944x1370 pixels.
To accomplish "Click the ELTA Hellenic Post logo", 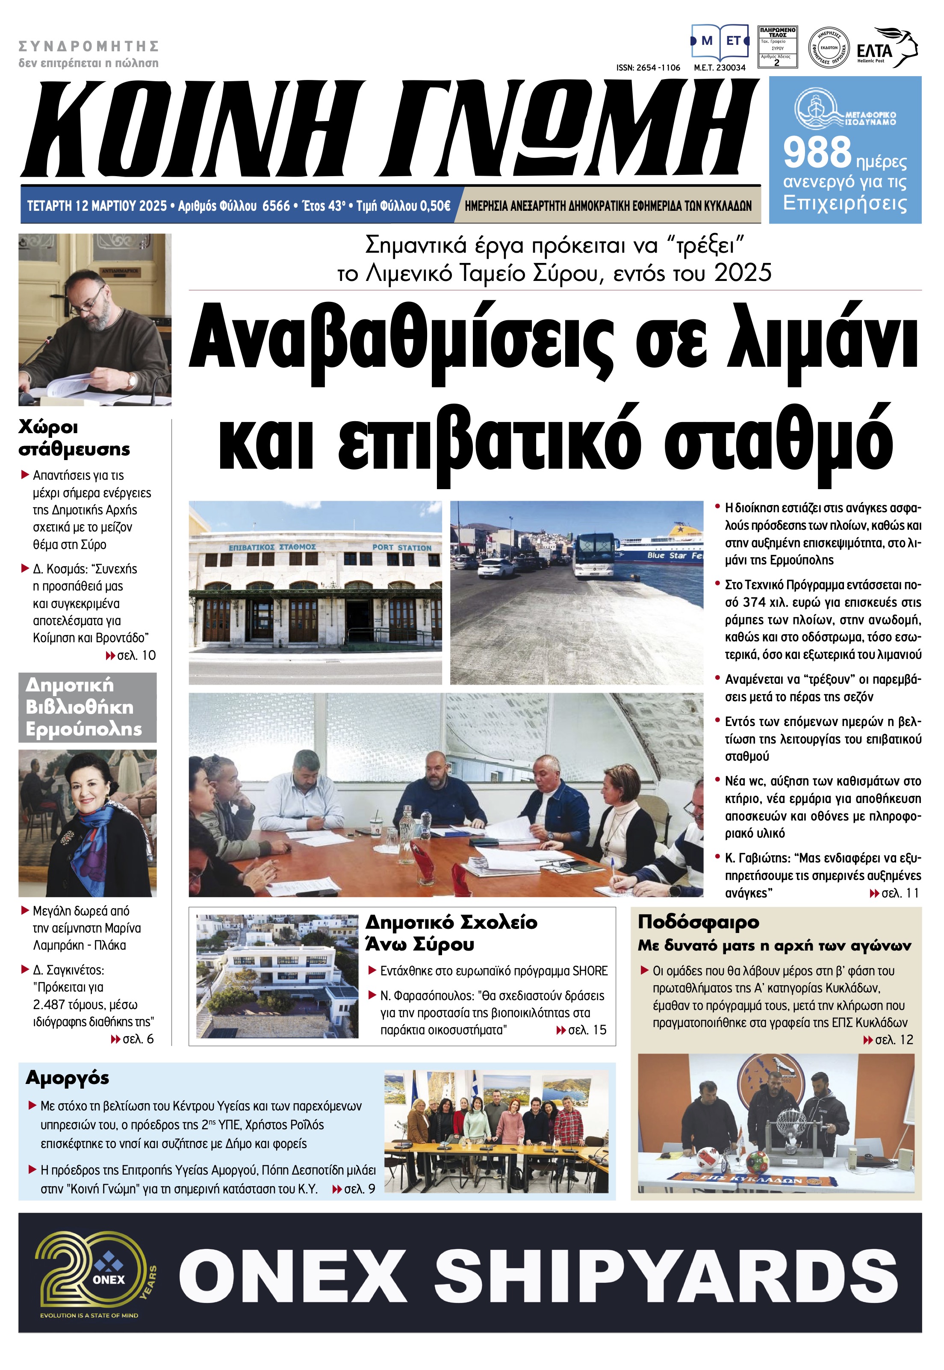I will coord(886,48).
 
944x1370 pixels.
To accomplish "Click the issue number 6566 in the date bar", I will coord(276,206).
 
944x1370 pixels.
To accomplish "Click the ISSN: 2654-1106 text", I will coord(648,68).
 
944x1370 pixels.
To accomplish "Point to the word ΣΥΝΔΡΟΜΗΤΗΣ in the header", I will coord(89,46).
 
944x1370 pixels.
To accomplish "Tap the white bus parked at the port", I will coord(594,554).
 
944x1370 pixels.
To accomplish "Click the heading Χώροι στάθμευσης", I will coord(74,438).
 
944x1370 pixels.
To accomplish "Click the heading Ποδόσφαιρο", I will coord(698,922).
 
